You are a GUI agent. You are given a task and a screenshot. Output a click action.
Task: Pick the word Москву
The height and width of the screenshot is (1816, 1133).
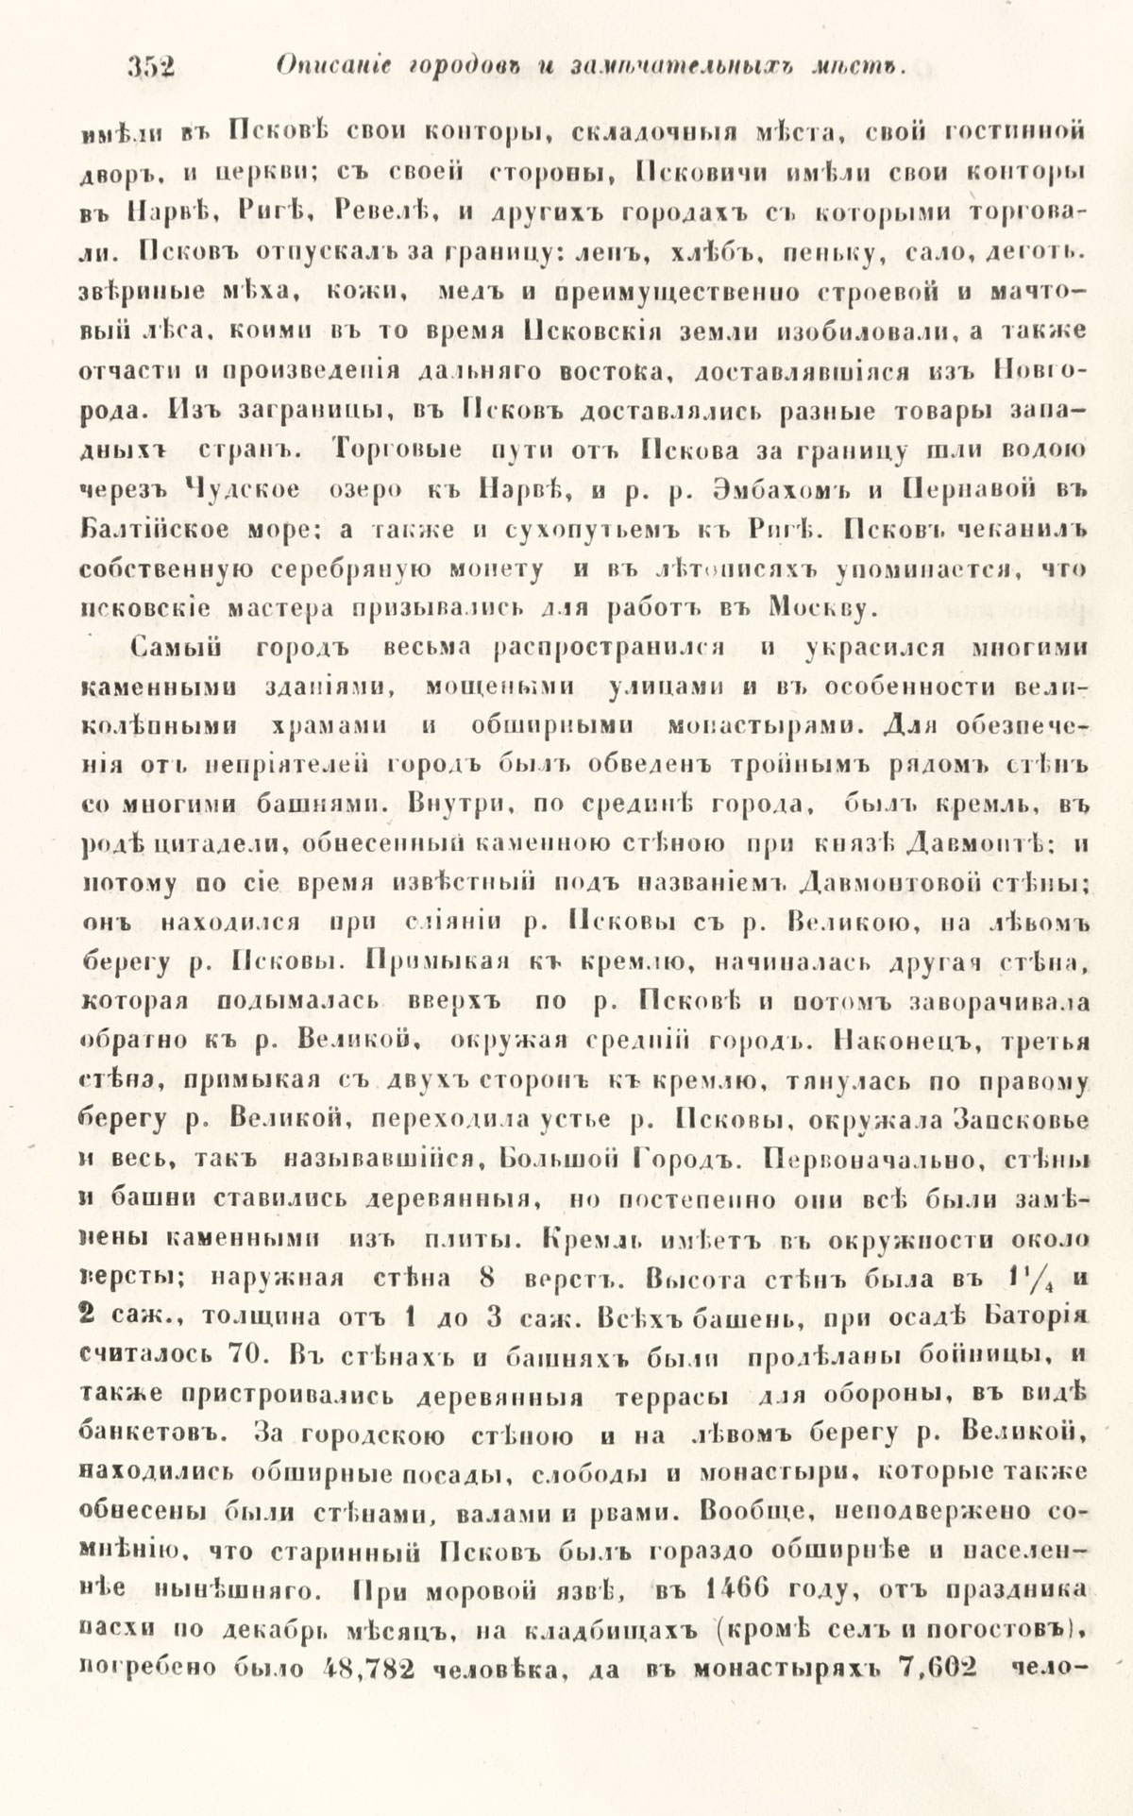(819, 607)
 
